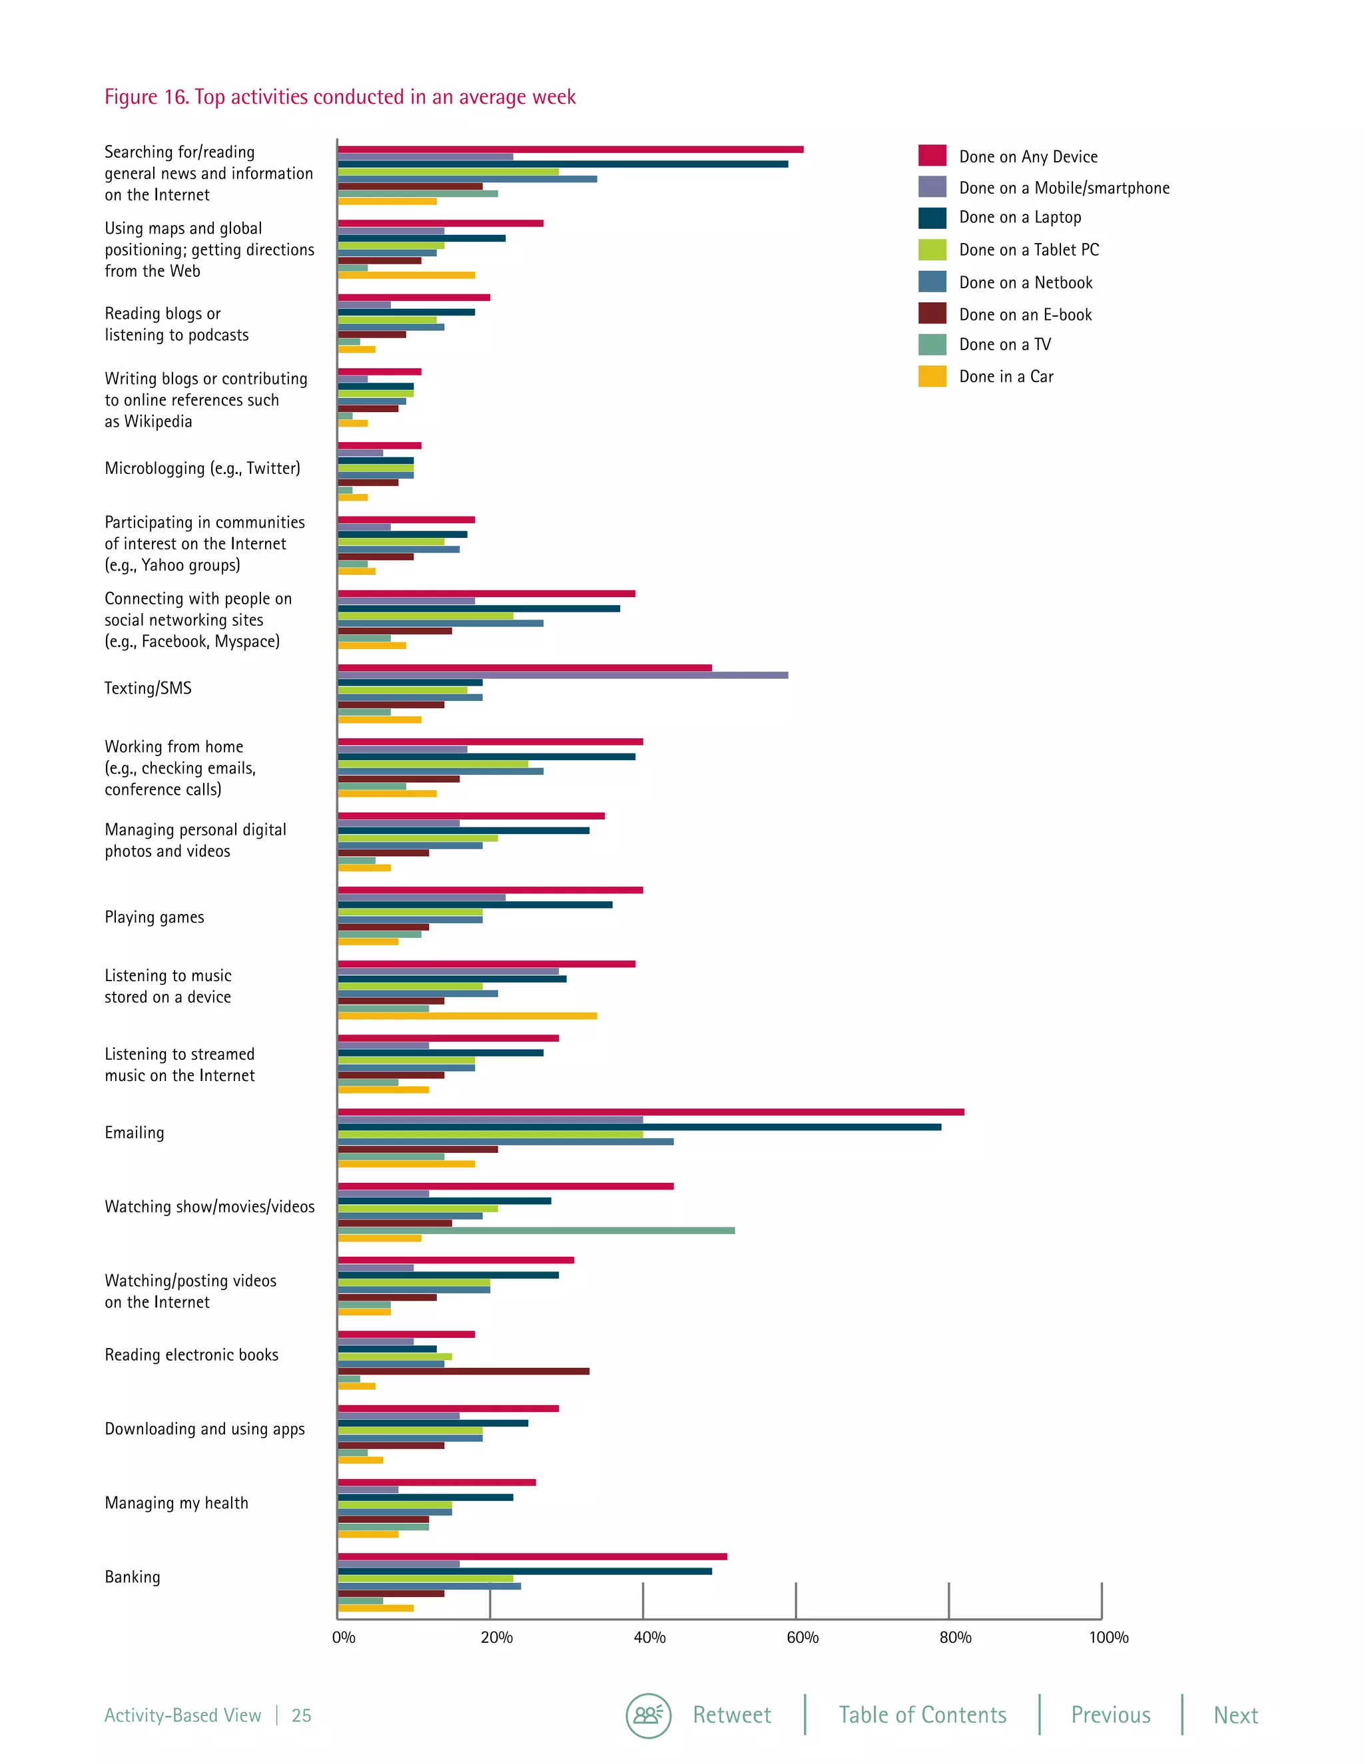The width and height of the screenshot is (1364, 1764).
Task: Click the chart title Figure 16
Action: [340, 97]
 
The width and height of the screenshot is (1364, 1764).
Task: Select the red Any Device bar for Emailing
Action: [651, 1112]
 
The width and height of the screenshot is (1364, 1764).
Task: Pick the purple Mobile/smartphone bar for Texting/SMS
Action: [562, 675]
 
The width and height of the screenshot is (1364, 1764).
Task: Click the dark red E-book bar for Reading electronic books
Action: [463, 1371]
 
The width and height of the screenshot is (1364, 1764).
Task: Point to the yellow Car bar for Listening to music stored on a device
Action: [467, 1016]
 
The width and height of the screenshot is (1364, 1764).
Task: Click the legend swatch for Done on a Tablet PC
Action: [932, 250]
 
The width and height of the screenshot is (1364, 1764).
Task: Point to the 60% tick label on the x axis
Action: [803, 1638]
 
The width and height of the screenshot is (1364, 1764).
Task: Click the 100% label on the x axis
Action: [1108, 1638]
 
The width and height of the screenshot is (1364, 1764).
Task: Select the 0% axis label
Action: [344, 1638]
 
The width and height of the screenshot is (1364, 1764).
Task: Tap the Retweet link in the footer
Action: [731, 1715]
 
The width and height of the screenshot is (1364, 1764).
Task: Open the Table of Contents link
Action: [922, 1715]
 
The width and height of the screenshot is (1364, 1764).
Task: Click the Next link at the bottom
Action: [1235, 1715]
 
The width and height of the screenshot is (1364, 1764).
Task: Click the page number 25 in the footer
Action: [302, 1715]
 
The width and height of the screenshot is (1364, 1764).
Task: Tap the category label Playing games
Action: [155, 917]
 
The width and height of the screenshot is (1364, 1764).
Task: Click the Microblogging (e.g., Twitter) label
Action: [202, 469]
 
